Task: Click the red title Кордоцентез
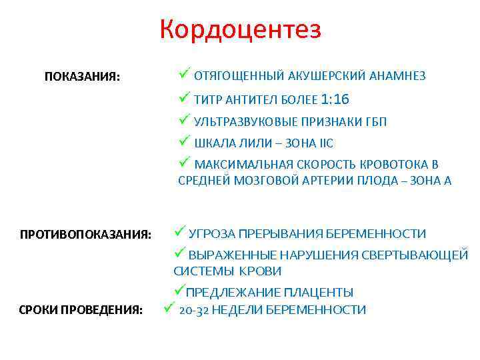(240, 29)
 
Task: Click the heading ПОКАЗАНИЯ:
(83, 77)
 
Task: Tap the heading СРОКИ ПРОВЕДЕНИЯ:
(81, 310)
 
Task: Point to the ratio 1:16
(335, 100)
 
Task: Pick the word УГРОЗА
(213, 233)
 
